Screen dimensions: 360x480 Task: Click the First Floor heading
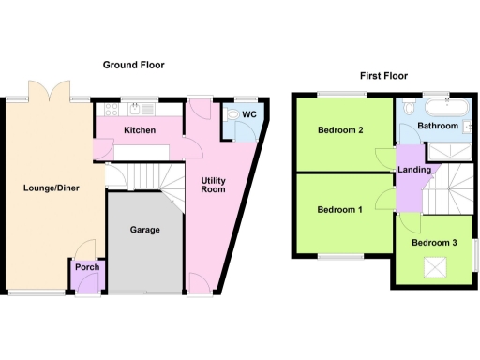click(384, 76)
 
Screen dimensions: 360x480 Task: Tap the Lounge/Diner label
click(52, 187)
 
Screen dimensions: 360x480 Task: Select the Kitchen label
click(139, 130)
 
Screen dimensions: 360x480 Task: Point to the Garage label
click(144, 230)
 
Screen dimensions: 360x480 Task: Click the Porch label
click(86, 268)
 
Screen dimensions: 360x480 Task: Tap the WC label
click(249, 115)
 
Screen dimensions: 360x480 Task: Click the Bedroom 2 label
click(339, 130)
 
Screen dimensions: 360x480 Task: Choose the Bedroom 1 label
click(339, 209)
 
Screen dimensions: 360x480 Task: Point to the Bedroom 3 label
click(434, 243)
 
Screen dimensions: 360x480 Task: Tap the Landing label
click(414, 170)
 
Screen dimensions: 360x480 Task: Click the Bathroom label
click(437, 126)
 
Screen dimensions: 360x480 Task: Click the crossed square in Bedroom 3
click(434, 270)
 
